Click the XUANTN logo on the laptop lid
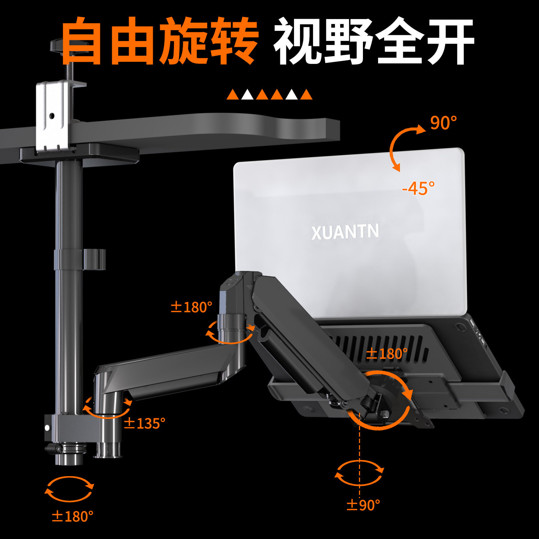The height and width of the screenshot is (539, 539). coord(345,232)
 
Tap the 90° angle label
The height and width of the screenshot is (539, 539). coord(443,123)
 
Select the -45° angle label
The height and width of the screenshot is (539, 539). coord(418,188)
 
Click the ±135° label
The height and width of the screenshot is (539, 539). coord(144,423)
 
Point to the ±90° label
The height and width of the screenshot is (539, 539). coord(363,505)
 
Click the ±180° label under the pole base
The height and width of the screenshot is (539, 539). coord(73,516)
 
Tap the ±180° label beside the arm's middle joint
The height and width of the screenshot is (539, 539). coord(191,307)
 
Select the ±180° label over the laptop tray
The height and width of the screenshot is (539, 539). coord(387,354)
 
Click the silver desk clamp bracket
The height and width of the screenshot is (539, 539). coord(52,115)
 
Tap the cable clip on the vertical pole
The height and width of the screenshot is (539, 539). coord(94,259)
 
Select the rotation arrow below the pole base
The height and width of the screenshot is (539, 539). coord(69,489)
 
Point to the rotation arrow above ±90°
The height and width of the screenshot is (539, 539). coord(359,473)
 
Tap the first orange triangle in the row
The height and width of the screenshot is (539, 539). coord(232,95)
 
